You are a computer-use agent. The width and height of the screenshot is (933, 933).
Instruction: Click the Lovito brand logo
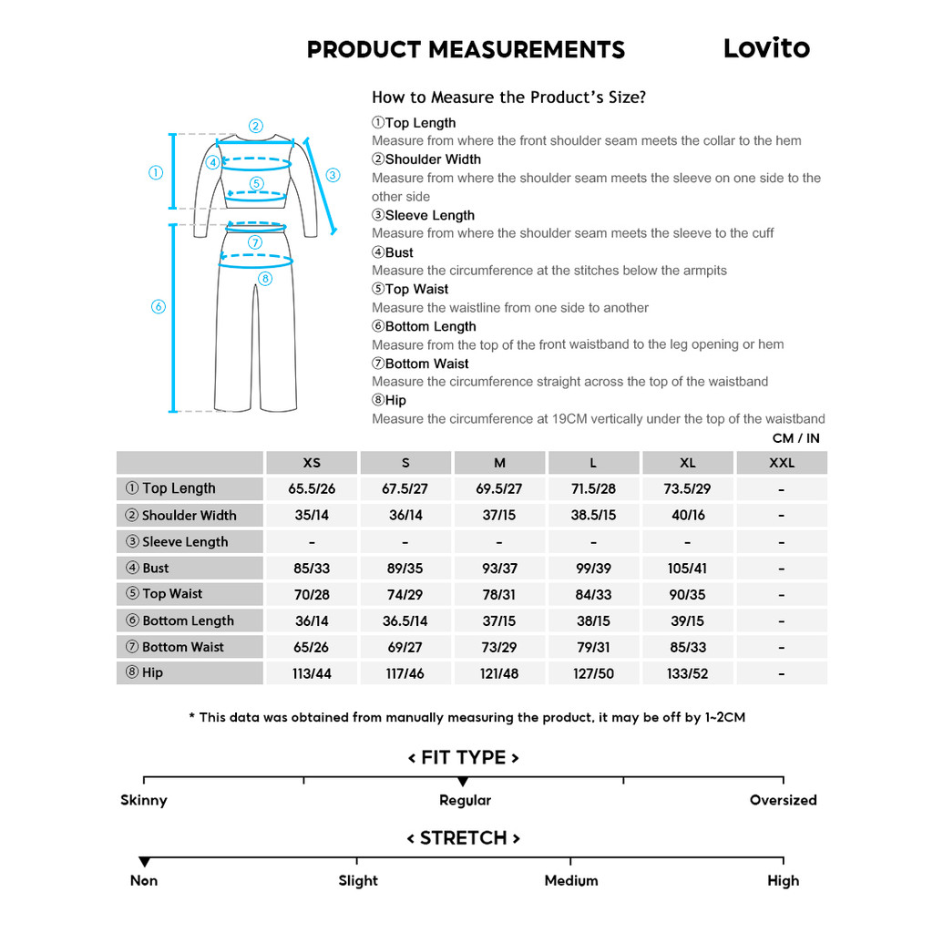coord(765,48)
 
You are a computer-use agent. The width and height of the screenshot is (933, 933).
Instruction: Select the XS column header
coord(312,463)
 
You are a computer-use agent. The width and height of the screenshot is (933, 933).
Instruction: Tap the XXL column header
coord(782,463)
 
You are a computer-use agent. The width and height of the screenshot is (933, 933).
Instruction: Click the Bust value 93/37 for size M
coord(499,569)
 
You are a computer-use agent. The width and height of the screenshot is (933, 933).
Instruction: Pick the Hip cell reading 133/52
coord(687,674)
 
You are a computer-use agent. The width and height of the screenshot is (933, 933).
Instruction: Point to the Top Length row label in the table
coord(179,488)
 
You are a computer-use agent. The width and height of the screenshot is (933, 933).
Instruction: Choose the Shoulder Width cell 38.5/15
coord(593,516)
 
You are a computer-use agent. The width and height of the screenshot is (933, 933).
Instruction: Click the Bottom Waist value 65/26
coord(312,648)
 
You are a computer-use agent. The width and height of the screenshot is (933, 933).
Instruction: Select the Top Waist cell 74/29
coord(405,595)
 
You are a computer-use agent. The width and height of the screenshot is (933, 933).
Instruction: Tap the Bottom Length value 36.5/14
coord(405,621)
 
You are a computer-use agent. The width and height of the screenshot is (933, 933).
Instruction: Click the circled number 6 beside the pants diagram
coord(159,307)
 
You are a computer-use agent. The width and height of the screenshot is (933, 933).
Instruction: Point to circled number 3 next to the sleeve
coord(333,175)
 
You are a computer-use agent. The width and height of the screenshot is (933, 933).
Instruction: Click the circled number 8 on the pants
coord(265,279)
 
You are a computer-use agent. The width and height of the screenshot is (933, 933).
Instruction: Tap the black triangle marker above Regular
coord(463,782)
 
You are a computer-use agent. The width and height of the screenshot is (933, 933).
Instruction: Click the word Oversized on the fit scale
coord(783,801)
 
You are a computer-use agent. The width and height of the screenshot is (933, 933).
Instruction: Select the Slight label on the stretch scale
coord(358,881)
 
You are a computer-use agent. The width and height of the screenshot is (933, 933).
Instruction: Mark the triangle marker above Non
coord(144,862)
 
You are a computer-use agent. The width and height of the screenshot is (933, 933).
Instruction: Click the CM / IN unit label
coord(795,438)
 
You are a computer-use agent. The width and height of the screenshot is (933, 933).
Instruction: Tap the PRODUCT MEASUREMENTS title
coord(466,50)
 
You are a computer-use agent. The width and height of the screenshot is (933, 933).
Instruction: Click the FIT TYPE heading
coord(463,758)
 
